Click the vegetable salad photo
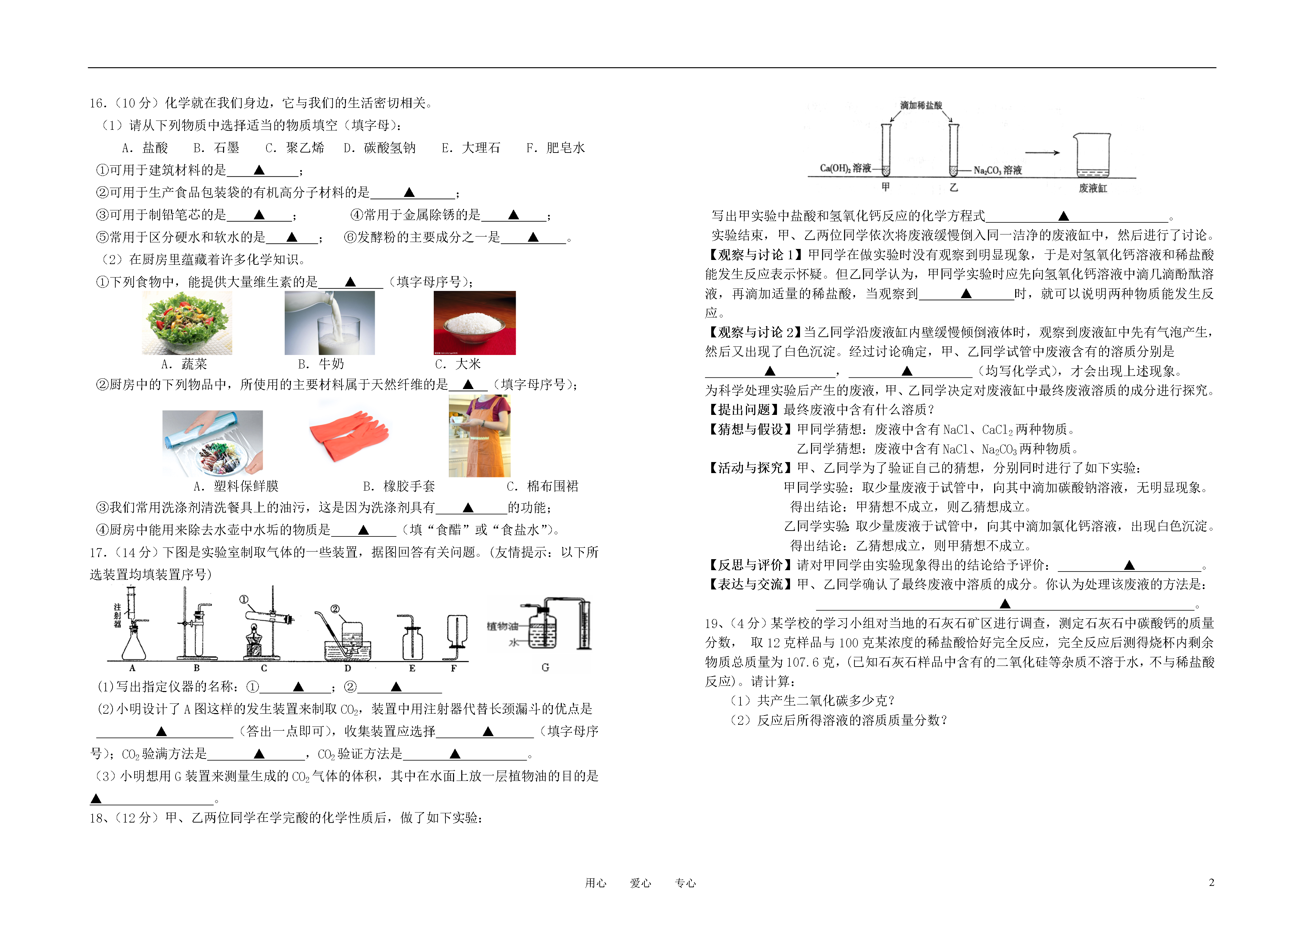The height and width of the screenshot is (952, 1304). pyautogui.click(x=187, y=323)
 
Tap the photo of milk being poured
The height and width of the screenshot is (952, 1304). pyautogui.click(x=329, y=323)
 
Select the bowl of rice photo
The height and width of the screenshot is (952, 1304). pyautogui.click(x=475, y=323)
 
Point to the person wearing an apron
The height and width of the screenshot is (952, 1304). pyautogui.click(x=480, y=436)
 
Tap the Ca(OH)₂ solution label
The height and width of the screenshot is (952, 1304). pyautogui.click(x=845, y=168)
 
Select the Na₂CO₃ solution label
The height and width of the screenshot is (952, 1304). pyautogui.click(x=997, y=170)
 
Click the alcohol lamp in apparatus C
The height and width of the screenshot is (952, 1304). pyautogui.click(x=254, y=641)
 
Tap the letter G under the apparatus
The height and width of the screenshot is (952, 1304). pyautogui.click(x=545, y=667)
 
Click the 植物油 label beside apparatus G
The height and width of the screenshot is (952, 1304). pyautogui.click(x=503, y=626)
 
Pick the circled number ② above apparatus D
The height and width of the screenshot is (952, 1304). pyautogui.click(x=335, y=609)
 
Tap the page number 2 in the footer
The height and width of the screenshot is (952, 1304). pyautogui.click(x=1211, y=882)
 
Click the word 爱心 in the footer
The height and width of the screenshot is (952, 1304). pyautogui.click(x=640, y=883)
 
